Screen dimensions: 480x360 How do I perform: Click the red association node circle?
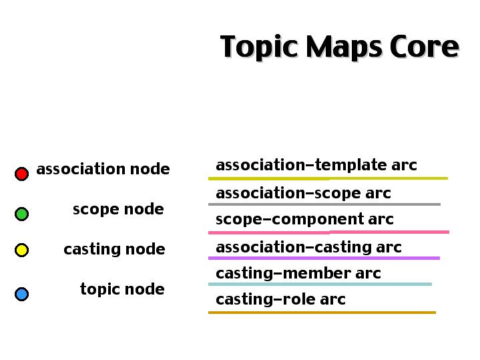22,174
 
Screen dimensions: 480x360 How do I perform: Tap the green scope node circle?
22,214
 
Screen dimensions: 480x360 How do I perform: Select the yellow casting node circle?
22,250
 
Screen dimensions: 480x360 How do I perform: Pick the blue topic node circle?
22,294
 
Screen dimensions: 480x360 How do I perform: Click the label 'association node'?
103,169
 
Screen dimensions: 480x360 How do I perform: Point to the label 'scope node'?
118,209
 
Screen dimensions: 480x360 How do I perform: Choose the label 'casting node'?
114,249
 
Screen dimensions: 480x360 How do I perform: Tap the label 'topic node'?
122,289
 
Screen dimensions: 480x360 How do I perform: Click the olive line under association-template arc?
328,178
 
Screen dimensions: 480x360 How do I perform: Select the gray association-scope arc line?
324,204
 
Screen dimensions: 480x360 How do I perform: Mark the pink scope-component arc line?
328,232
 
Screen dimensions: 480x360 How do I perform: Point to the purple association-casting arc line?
324,258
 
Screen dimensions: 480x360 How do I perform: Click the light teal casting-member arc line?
320,285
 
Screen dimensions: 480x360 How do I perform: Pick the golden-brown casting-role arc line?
322,313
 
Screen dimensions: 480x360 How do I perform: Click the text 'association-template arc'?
316,165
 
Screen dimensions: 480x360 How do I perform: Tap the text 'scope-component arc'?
304,219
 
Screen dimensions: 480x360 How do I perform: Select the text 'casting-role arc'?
280,299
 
